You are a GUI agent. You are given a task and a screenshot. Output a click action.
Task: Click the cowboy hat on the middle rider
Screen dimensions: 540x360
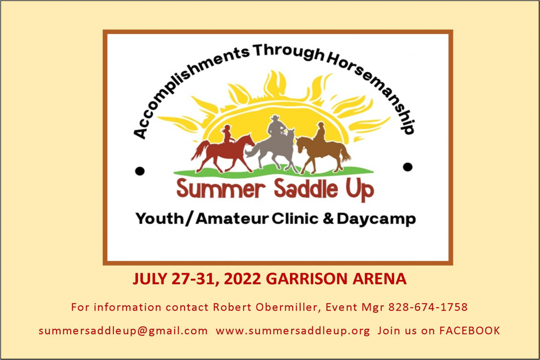[275, 118]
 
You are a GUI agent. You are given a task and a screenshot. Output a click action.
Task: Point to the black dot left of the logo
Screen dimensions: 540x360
[140, 171]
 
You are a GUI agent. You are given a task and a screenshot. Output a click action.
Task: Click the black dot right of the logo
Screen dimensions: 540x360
[408, 167]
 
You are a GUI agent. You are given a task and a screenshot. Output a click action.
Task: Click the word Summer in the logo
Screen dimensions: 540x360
[221, 189]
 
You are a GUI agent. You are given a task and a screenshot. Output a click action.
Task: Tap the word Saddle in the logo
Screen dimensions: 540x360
[305, 188]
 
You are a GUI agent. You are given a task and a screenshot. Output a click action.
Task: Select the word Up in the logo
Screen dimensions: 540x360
[360, 190]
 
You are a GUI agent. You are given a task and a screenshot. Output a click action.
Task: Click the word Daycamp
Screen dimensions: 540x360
[377, 219]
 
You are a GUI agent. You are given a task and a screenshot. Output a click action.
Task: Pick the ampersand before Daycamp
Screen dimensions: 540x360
[328, 219]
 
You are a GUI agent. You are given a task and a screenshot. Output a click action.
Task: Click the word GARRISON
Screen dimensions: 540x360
[307, 279]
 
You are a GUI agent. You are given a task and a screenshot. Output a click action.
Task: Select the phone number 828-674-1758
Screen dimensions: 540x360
[428, 307]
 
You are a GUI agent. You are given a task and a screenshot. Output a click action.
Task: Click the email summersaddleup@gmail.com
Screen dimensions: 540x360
[123, 330]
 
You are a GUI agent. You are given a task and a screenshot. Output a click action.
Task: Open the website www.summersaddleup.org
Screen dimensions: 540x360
[293, 330]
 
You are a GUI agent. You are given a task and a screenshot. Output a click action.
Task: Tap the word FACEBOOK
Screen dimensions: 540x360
[469, 330]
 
